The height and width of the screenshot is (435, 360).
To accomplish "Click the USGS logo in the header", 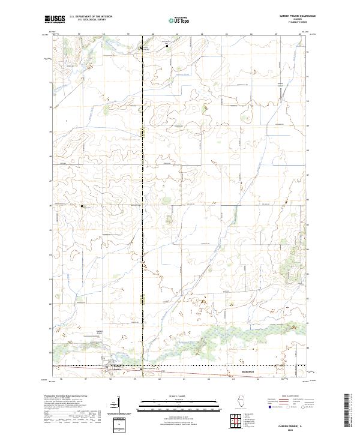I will (x=55, y=20).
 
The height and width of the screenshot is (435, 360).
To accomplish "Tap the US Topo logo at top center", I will (x=180, y=20).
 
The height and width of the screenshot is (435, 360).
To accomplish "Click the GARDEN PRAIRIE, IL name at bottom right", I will (x=290, y=422).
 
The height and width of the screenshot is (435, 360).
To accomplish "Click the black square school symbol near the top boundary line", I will (x=142, y=47).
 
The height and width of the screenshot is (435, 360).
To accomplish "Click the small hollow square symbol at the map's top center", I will (x=167, y=44).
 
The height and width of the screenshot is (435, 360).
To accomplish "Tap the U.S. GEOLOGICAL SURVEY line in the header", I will (x=88, y=20).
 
